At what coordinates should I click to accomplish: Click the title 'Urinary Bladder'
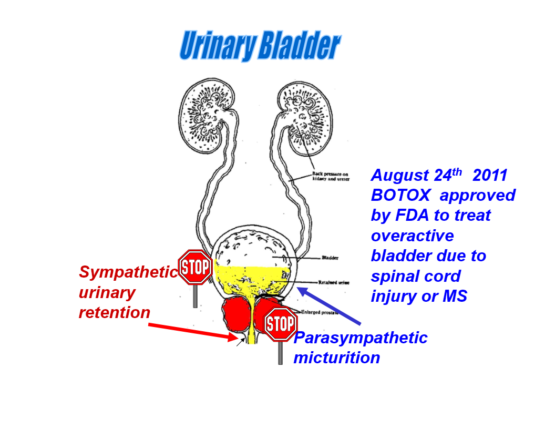tap(260, 46)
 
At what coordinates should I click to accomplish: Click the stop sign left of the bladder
tap(196, 268)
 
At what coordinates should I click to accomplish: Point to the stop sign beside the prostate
tap(280, 324)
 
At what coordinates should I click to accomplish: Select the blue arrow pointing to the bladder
tap(329, 305)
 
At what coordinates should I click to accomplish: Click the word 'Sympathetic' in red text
tap(128, 272)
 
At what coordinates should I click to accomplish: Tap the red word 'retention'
tap(115, 313)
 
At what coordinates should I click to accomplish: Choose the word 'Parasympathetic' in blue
tap(361, 338)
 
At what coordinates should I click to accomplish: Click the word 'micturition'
tap(336, 358)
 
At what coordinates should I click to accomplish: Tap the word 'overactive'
tap(412, 235)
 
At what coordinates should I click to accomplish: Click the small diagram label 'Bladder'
tap(329, 258)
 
